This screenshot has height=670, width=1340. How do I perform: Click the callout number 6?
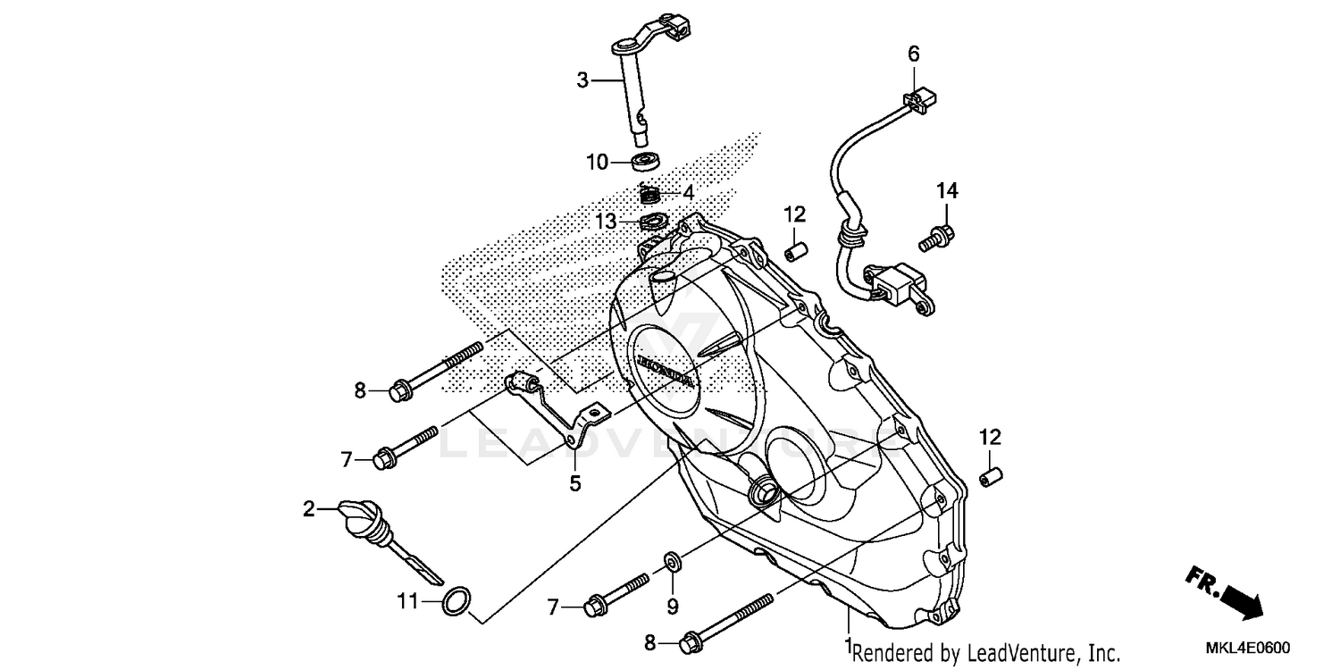(x=913, y=54)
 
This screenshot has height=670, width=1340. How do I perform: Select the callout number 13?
(x=607, y=221)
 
